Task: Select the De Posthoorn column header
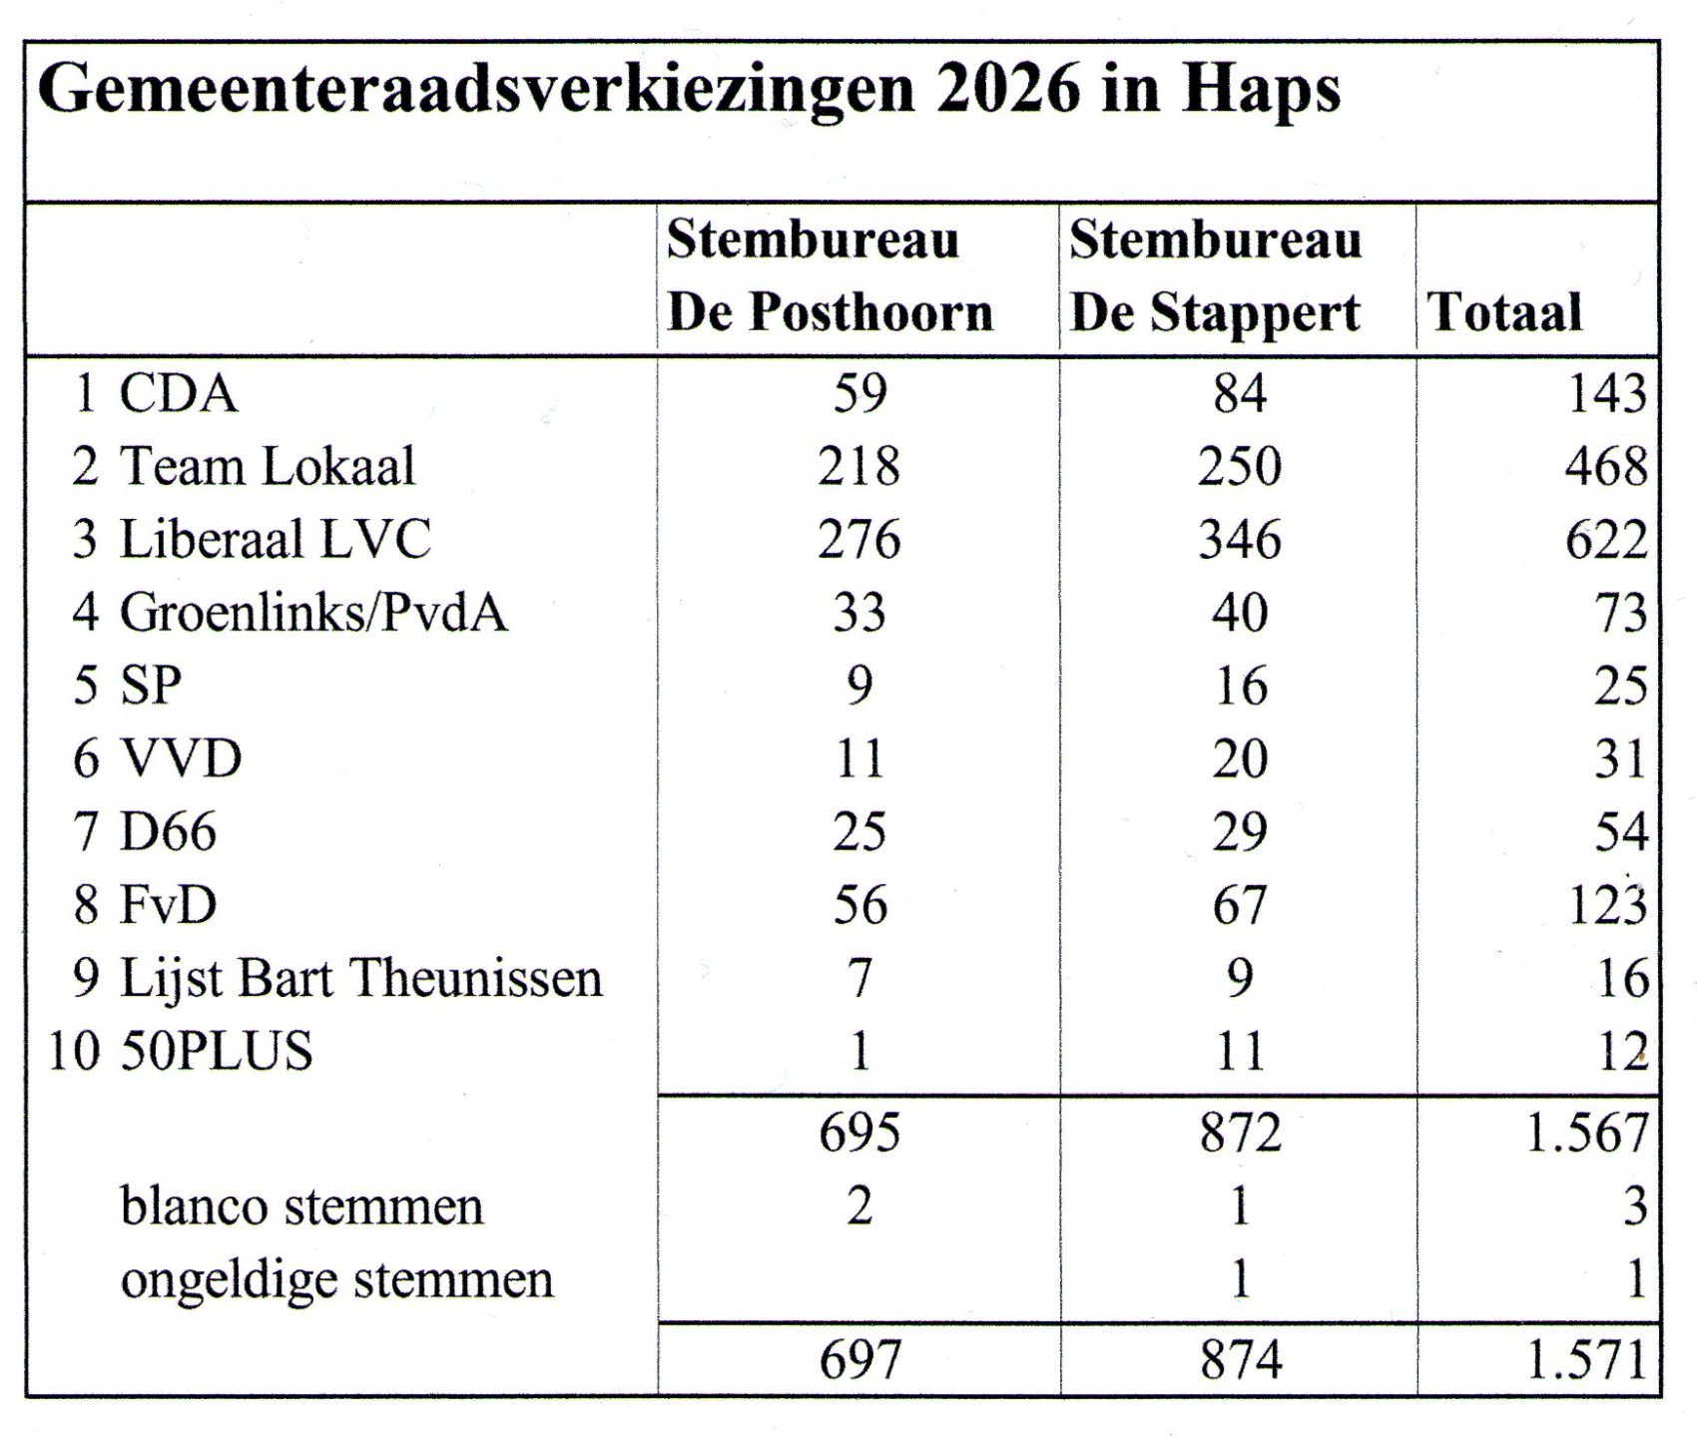click(x=829, y=276)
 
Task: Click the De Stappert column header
click(x=1215, y=276)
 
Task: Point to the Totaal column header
click(x=1505, y=311)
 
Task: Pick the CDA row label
click(x=178, y=393)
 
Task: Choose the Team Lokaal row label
click(x=267, y=466)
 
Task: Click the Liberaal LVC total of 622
click(x=1605, y=540)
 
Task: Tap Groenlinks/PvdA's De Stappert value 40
click(x=1240, y=613)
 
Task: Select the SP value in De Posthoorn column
click(x=858, y=686)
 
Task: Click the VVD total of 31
click(x=1619, y=759)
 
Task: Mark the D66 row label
click(x=168, y=832)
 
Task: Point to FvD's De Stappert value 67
click(x=1240, y=905)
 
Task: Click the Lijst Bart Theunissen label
click(x=360, y=978)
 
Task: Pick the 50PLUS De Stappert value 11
click(x=1240, y=1052)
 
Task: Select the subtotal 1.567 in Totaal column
click(x=1586, y=1133)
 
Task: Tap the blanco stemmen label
click(x=301, y=1205)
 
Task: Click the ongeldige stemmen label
click(x=336, y=1279)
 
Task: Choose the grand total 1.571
click(x=1586, y=1360)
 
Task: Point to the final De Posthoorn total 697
click(x=858, y=1360)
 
